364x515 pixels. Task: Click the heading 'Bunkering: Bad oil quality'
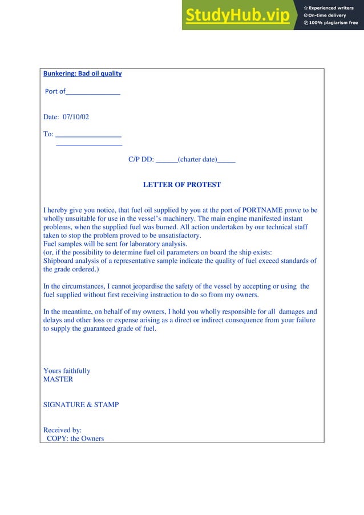83,74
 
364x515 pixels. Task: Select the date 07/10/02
75,117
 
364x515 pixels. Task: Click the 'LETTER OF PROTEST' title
181,185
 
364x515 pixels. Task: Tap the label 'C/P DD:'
141,160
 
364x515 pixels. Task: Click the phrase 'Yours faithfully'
67,371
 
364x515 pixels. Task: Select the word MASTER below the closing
58,379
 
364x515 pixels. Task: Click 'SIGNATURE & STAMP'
81,404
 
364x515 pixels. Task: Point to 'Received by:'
63,430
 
